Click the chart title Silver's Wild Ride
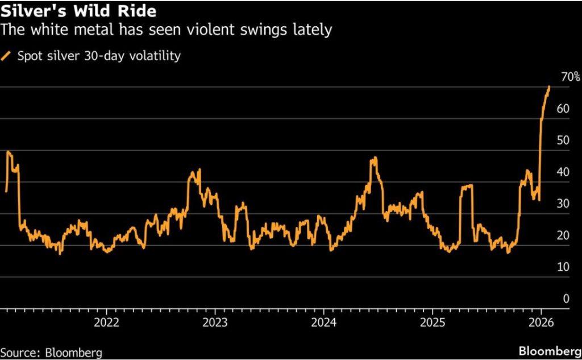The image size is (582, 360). coord(79,11)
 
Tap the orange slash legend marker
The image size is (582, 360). coord(7,56)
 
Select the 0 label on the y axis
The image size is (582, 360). coord(565,299)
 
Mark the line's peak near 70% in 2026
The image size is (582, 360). coord(549,86)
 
